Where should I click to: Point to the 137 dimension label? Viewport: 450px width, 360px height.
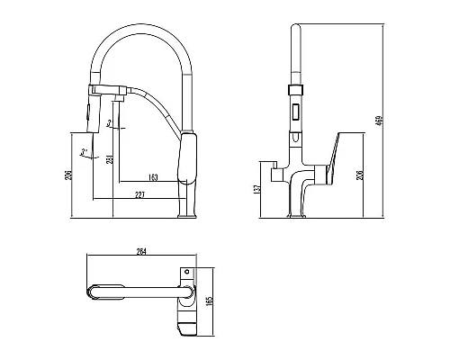point(256,189)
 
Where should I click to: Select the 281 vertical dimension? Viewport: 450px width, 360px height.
point(109,160)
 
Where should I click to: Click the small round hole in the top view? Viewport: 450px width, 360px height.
point(186,271)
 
